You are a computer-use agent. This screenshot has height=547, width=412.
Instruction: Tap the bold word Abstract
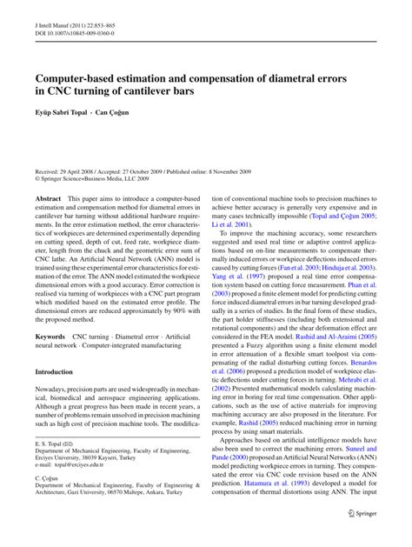click(x=48, y=223)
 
